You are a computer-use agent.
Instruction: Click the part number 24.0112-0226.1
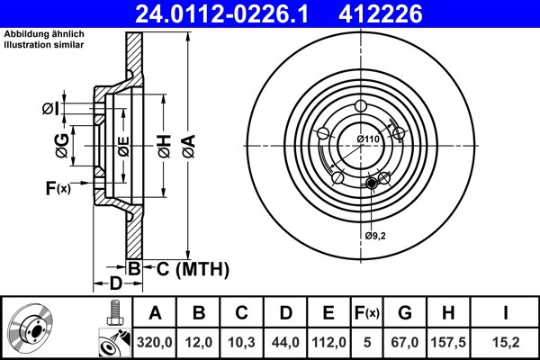click(221, 14)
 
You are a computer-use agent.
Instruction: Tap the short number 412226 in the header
click(381, 14)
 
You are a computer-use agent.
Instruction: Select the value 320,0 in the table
click(155, 342)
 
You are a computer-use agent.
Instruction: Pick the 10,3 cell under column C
click(241, 342)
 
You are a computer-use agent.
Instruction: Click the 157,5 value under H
click(448, 342)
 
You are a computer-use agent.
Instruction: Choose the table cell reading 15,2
click(506, 342)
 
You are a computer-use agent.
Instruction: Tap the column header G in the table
click(405, 313)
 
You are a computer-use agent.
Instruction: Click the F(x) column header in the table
click(367, 313)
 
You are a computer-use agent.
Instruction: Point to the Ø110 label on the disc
click(368, 139)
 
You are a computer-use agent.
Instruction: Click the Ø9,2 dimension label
click(375, 236)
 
